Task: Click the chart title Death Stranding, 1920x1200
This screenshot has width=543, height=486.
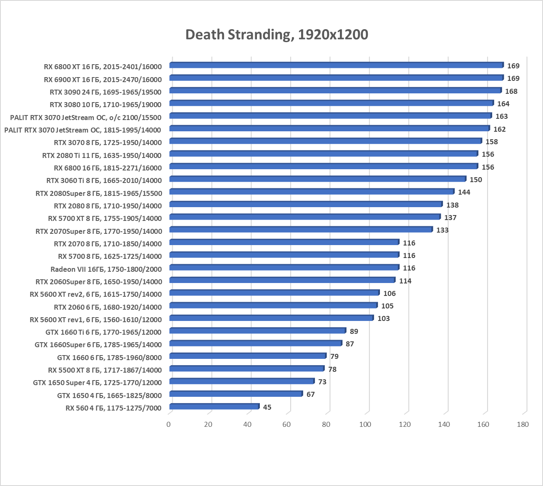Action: pyautogui.click(x=277, y=35)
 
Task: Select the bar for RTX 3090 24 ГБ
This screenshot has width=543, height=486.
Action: pyautogui.click(x=335, y=90)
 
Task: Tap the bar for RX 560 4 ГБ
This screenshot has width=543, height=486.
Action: pyautogui.click(x=214, y=406)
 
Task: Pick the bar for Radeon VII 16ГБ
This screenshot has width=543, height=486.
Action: pyautogui.click(x=284, y=268)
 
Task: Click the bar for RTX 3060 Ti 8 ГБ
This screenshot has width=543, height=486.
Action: pyautogui.click(x=317, y=179)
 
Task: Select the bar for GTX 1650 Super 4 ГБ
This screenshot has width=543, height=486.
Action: pyautogui.click(x=242, y=381)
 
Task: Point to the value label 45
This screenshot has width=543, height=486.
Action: pyautogui.click(x=267, y=407)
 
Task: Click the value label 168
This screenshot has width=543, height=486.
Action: pyautogui.click(x=511, y=91)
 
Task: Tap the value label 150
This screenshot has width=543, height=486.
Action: pyautogui.click(x=475, y=180)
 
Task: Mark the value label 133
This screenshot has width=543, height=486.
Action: pyautogui.click(x=442, y=230)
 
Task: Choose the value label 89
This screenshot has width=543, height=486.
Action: pyautogui.click(x=354, y=331)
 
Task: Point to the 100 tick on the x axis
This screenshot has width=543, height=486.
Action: pyautogui.click(x=365, y=424)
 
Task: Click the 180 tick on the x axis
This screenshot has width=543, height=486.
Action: pyautogui.click(x=522, y=424)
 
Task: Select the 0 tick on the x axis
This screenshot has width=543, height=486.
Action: pyautogui.click(x=168, y=424)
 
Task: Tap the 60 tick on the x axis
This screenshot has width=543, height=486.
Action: pyautogui.click(x=287, y=424)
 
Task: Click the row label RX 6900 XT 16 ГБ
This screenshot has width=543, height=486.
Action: pyautogui.click(x=103, y=80)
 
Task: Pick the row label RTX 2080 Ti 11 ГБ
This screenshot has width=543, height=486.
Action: pyautogui.click(x=102, y=155)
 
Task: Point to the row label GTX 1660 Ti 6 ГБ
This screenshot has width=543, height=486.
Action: pyautogui.click(x=103, y=332)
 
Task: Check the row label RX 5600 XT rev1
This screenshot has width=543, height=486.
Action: pyautogui.click(x=96, y=320)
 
